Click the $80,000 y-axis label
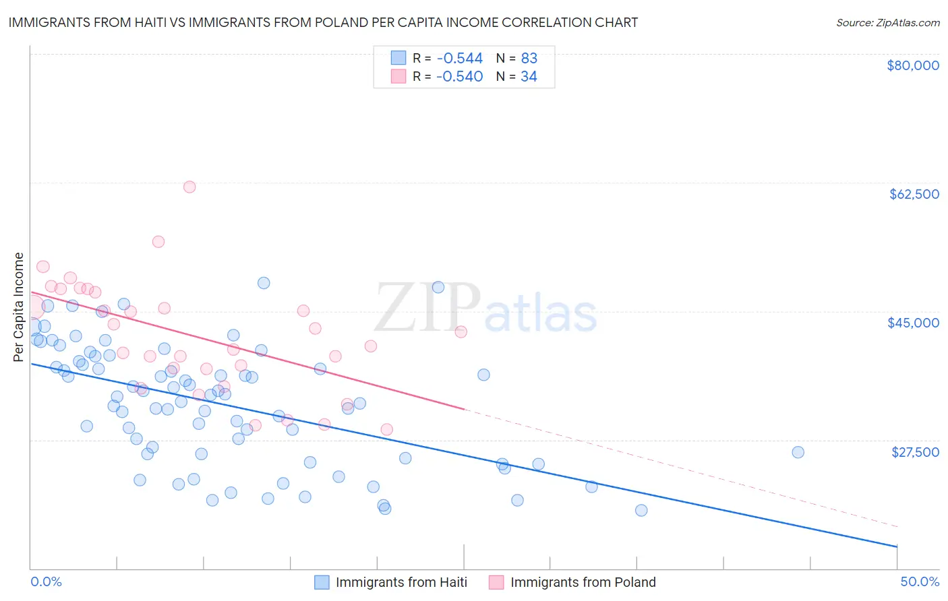[913, 65]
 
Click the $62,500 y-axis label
[914, 194]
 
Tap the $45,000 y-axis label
[913, 323]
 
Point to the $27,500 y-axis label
[915, 452]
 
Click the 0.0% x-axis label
[47, 582]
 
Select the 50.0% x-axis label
[920, 582]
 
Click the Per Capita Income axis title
[19, 307]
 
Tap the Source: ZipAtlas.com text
[887, 23]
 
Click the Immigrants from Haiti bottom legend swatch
[322, 582]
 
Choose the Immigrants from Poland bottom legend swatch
[496, 582]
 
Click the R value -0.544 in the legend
[459, 59]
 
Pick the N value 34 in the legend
[529, 77]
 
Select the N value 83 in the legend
[529, 59]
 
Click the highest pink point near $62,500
[189, 187]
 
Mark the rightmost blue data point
[798, 452]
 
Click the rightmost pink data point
[461, 331]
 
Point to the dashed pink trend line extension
[674, 465]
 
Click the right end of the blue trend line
[897, 546]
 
